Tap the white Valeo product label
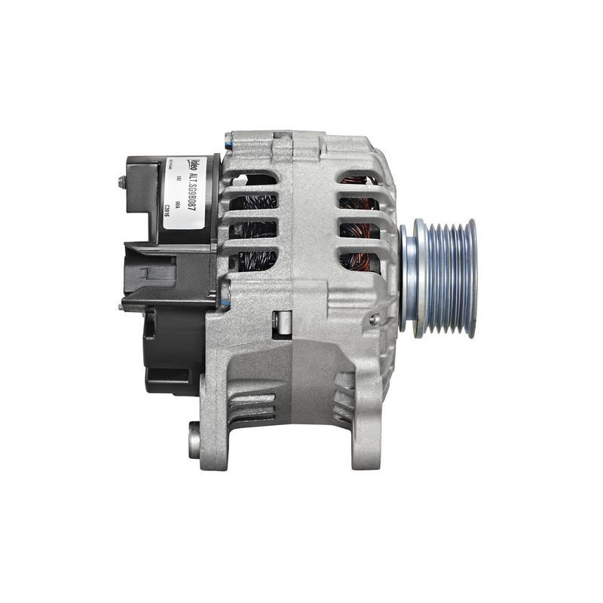(185, 192)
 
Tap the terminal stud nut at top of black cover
(121, 182)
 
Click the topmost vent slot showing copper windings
(358, 181)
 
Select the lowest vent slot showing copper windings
(358, 261)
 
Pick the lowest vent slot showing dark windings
(254, 261)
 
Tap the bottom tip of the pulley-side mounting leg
(366, 461)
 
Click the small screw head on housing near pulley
(373, 320)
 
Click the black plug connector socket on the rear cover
(151, 271)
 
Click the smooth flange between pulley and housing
(409, 277)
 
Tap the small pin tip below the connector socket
(121, 307)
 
